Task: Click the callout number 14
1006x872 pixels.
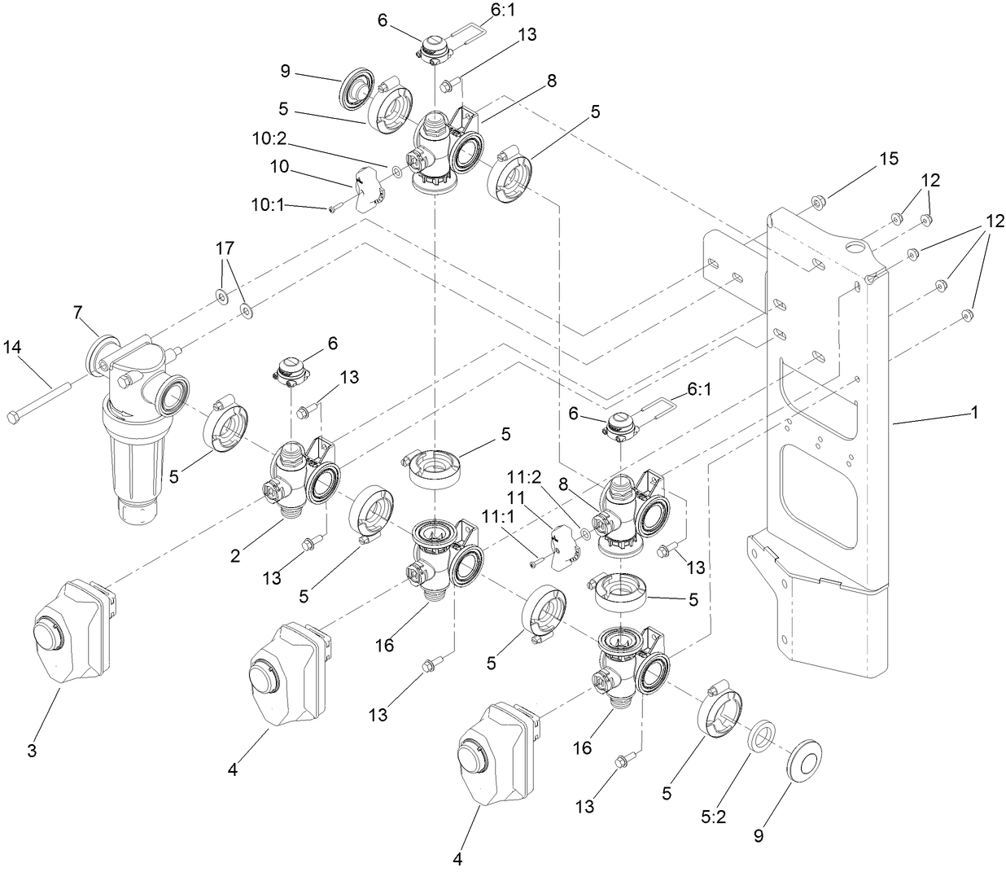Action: tap(23, 347)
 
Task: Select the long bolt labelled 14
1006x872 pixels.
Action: tap(40, 400)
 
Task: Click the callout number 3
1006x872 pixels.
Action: tap(32, 751)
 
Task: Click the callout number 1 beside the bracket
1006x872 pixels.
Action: tap(973, 413)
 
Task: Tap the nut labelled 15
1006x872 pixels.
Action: tap(818, 201)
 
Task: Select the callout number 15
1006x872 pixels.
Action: tap(888, 158)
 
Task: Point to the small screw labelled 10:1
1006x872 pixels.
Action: tap(333, 210)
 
